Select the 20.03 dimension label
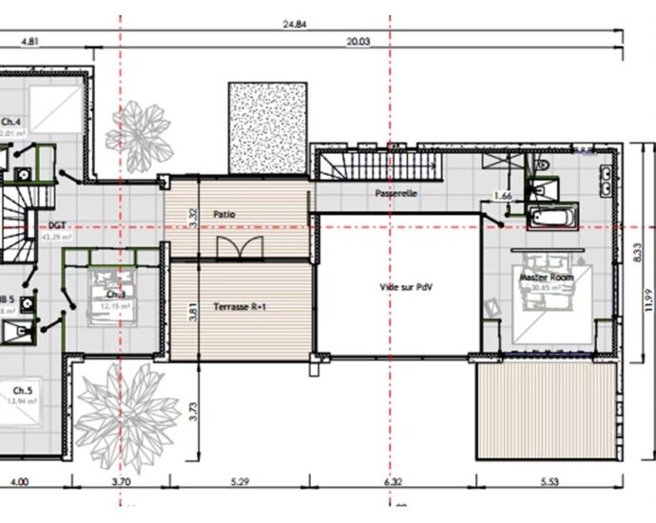coord(358,42)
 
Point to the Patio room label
coord(224,215)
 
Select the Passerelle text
coord(396,193)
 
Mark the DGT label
coord(55,227)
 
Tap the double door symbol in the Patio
coord(238,247)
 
